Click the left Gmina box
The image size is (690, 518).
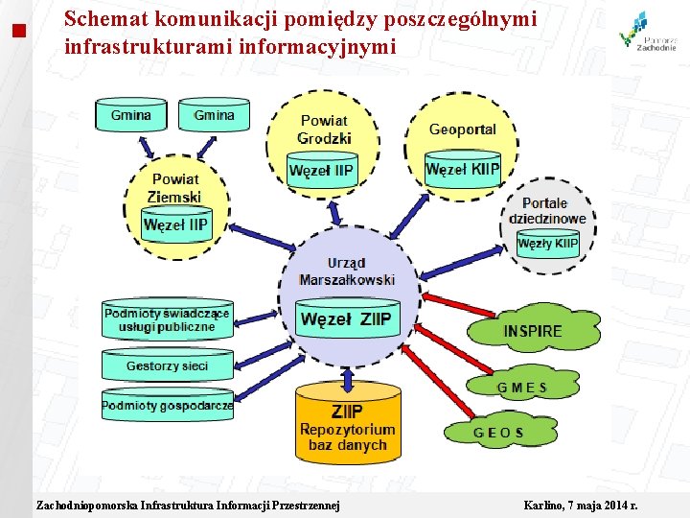(130, 115)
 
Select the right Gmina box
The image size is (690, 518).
(214, 115)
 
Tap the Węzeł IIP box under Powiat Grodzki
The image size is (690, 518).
(321, 172)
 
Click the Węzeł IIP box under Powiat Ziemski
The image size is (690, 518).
(175, 225)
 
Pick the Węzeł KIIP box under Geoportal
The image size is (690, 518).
(462, 170)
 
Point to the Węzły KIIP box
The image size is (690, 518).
(547, 244)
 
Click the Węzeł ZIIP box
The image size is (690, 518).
(346, 319)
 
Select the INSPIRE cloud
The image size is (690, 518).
(533, 331)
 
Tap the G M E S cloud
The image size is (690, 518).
(522, 388)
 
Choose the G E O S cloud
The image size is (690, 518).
(498, 432)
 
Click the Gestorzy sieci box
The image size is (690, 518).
(167, 365)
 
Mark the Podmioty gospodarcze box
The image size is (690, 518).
(168, 406)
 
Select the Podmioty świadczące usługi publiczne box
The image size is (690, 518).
(167, 319)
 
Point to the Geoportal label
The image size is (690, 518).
(462, 129)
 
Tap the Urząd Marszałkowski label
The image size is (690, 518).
(346, 271)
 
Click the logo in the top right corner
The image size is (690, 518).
(648, 32)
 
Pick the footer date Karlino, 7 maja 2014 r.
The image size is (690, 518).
(581, 506)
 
